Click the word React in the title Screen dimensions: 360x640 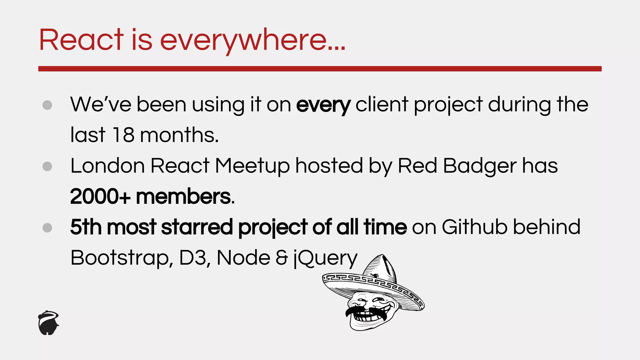click(x=81, y=40)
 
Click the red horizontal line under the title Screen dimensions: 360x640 click(x=320, y=69)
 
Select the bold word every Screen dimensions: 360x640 click(x=323, y=105)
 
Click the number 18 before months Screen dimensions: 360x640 click(x=123, y=135)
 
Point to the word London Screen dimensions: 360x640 click(x=107, y=166)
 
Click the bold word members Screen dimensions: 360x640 click(x=184, y=197)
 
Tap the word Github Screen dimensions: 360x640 click(x=475, y=227)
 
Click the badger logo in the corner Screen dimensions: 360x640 click(x=48, y=323)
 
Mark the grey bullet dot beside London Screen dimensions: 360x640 click(x=47, y=166)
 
